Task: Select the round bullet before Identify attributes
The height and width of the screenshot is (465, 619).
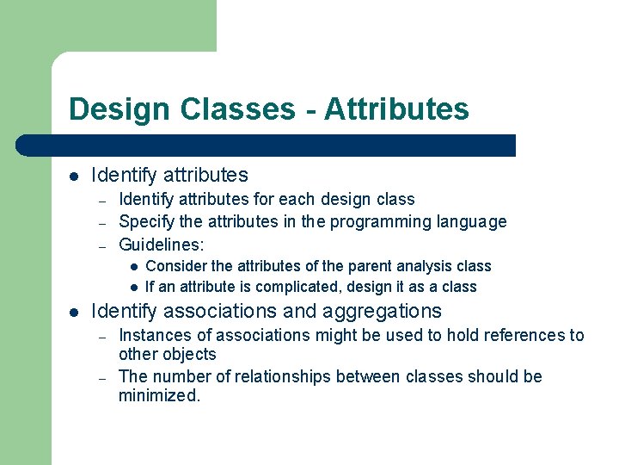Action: click(74, 177)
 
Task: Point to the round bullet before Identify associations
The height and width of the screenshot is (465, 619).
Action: click(74, 312)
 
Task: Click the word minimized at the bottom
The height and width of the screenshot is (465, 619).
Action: click(158, 396)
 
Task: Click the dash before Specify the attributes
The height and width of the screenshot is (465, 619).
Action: click(101, 222)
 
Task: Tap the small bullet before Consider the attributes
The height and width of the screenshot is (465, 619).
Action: click(134, 267)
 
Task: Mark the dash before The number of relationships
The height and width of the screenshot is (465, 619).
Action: click(101, 377)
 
